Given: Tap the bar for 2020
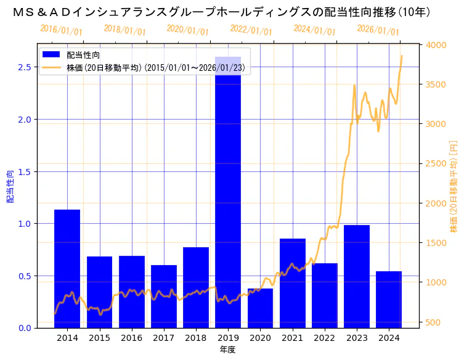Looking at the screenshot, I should [x=260, y=308].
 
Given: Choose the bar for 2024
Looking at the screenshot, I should [x=389, y=300].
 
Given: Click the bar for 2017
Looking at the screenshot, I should [x=164, y=297].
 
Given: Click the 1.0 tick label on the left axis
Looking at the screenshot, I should [x=24, y=224].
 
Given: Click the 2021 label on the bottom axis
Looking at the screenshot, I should [x=292, y=338].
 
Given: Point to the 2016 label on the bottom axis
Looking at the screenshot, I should [x=132, y=338].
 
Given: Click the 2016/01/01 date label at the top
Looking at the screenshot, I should [x=61, y=30].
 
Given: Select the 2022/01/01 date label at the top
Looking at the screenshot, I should [x=251, y=30].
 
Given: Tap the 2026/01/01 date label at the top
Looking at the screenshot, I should [x=378, y=30].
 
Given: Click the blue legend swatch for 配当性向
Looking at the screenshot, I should [x=52, y=55].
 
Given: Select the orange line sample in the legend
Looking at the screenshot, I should [x=52, y=67].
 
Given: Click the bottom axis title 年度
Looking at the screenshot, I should [x=228, y=350].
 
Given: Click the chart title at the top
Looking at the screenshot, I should [x=221, y=12].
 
